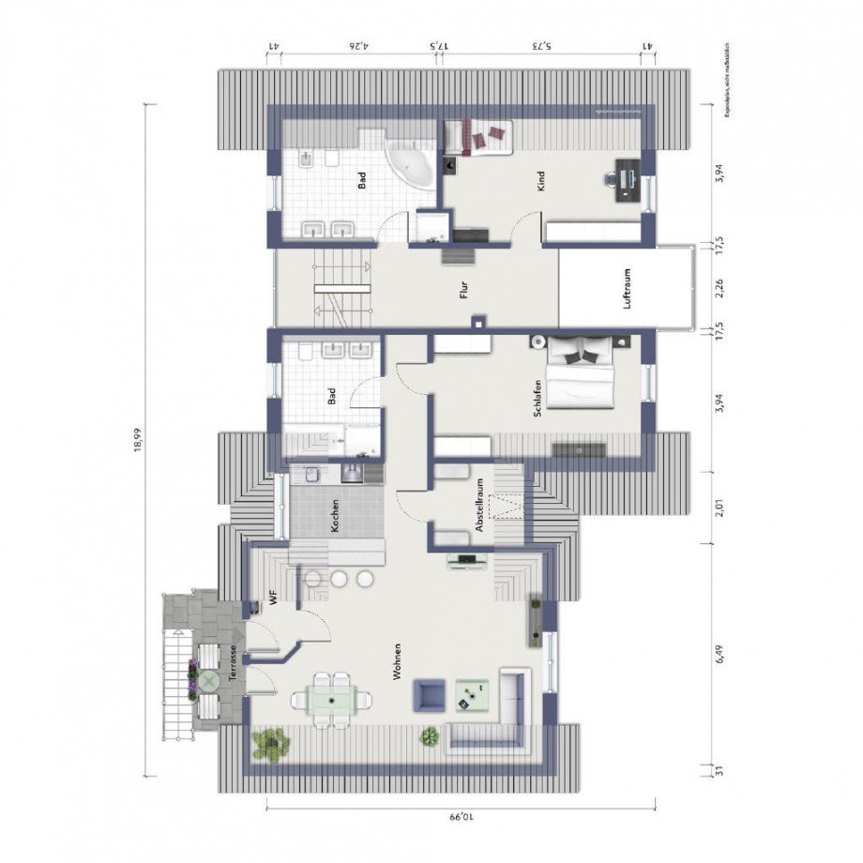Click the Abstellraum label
(x=479, y=507)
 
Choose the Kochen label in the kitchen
(x=335, y=515)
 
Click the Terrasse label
(x=231, y=664)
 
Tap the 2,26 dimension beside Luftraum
(x=719, y=290)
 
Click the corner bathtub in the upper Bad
(x=414, y=165)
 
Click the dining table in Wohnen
(x=332, y=699)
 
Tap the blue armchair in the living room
(x=431, y=695)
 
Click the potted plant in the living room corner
(x=271, y=744)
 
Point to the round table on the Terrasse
(x=206, y=678)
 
